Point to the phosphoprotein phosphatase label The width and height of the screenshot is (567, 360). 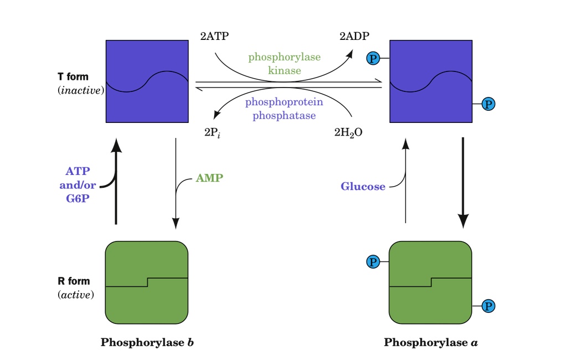[284, 109]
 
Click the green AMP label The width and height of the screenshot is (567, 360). [209, 178]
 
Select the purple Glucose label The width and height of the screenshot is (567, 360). [363, 187]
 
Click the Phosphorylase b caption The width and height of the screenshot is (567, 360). [147, 342]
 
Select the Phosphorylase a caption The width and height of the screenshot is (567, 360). [431, 342]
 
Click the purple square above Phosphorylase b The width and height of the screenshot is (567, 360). [147, 81]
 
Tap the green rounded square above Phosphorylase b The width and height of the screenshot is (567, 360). [147, 282]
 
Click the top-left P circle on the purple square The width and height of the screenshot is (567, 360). [373, 58]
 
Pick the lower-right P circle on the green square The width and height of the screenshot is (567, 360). [488, 306]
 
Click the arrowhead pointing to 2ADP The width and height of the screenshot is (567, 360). [351, 52]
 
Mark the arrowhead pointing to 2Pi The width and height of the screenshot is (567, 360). [217, 115]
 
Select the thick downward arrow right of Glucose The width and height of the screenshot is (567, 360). [463, 183]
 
